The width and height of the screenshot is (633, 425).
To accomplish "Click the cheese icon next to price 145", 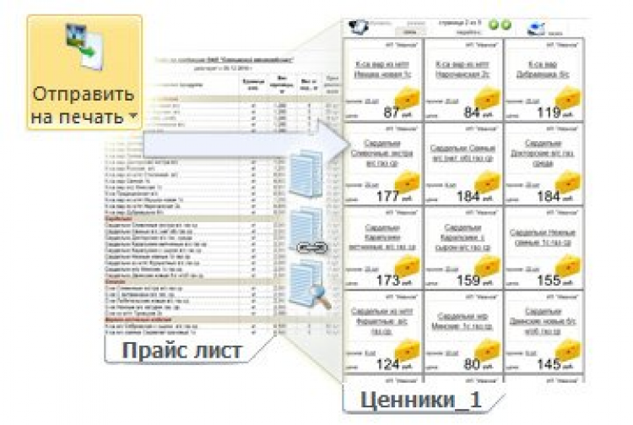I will pyautogui.click(x=571, y=349).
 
